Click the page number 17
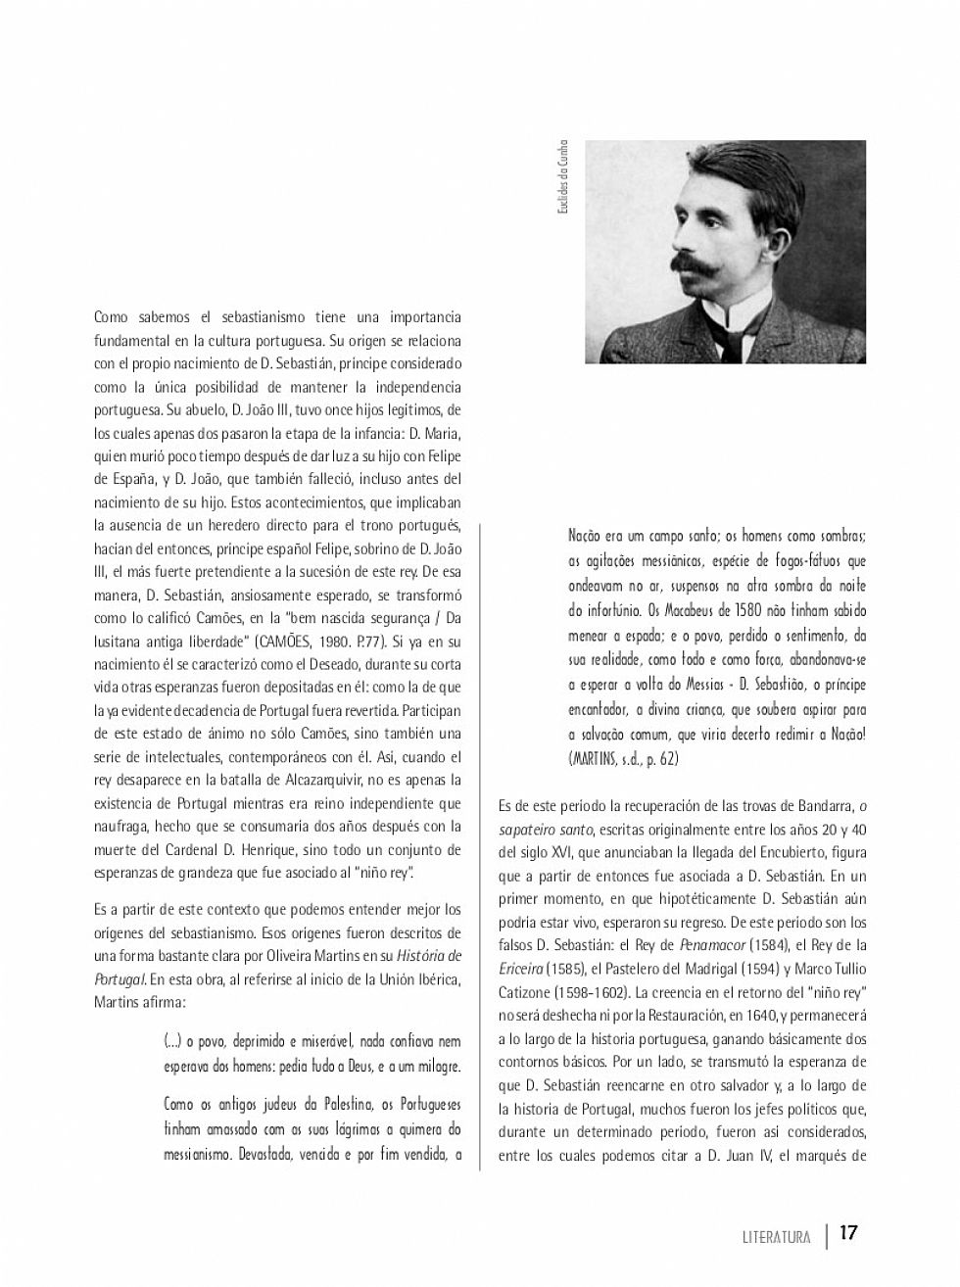coord(848,1232)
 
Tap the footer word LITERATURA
coord(776,1237)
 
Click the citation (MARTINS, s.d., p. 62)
coord(623,758)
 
